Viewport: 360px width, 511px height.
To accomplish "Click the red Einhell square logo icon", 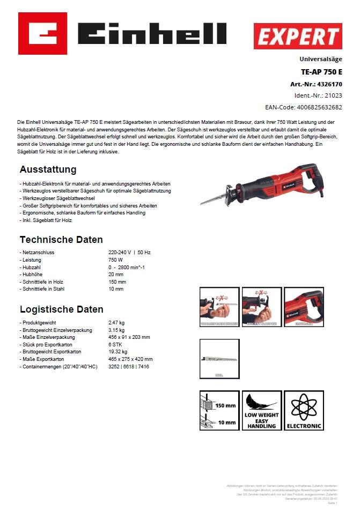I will [42, 33].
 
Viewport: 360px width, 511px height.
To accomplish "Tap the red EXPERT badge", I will [298, 36].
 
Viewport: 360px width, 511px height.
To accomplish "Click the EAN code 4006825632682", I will [319, 107].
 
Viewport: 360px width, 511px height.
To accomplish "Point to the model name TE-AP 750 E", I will [321, 72].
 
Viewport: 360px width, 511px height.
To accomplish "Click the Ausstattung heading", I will [48, 170].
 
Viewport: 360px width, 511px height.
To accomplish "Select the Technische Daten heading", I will [61, 240].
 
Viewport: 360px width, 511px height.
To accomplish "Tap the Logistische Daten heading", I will [62, 309].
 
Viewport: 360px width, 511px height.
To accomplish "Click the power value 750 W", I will [116, 260].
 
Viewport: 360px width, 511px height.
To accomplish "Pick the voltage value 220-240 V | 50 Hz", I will [130, 253].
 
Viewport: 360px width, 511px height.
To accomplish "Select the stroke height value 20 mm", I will [116, 275].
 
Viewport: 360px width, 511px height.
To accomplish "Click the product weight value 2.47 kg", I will [116, 323].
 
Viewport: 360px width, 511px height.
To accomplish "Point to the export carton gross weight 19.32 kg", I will [118, 352].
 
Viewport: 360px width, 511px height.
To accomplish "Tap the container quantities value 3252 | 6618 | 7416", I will [129, 366].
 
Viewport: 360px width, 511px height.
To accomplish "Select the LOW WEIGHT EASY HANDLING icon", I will [261, 411].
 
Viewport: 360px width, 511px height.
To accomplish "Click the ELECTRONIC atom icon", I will [304, 411].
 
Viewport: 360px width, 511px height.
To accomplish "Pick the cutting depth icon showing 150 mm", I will [219, 411].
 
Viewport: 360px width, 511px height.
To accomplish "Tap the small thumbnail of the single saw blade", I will [218, 359].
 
